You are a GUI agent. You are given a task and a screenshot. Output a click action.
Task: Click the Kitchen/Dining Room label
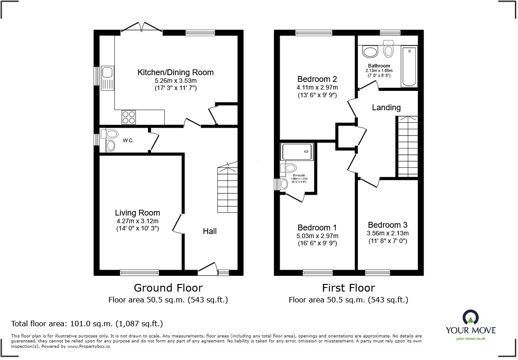click(175, 72)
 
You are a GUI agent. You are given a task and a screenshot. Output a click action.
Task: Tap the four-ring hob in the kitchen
click(128, 117)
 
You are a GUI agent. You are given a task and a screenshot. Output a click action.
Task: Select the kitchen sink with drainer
click(107, 78)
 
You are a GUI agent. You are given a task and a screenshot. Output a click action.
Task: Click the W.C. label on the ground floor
click(128, 141)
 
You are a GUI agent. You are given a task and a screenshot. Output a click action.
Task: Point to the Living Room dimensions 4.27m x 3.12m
click(137, 221)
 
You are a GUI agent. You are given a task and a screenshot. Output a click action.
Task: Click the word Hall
click(210, 231)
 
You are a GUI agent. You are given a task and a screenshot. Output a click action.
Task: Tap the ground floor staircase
click(228, 189)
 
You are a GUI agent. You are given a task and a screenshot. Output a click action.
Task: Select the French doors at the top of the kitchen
click(142, 28)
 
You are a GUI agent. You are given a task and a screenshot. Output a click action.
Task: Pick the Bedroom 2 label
click(317, 79)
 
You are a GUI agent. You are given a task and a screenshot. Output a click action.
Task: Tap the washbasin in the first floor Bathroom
click(370, 52)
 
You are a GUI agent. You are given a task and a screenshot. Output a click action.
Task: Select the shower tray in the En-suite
click(296, 152)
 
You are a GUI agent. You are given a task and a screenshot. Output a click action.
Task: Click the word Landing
click(386, 108)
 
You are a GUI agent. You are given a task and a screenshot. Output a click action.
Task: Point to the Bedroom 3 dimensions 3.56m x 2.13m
click(388, 233)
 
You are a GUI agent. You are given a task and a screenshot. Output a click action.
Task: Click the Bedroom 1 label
click(317, 228)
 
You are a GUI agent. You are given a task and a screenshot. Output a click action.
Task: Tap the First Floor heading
click(348, 288)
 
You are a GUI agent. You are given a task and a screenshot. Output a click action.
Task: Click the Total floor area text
click(87, 324)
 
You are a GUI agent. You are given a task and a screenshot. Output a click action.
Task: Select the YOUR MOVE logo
click(470, 324)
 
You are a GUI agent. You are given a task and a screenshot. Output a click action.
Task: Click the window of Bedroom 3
click(377, 272)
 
